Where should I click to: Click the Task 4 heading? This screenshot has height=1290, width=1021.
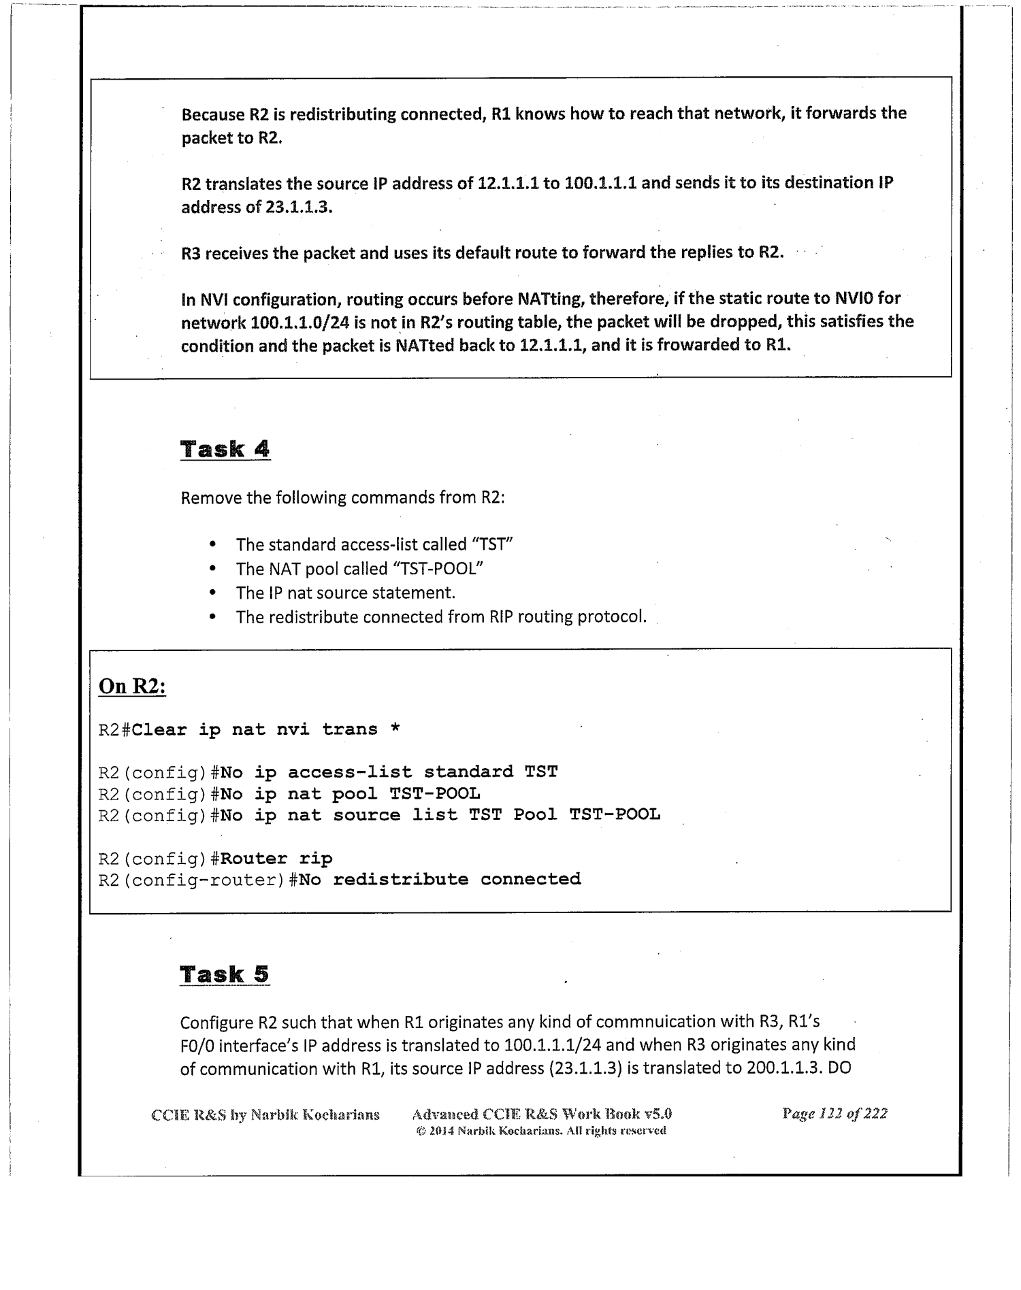pyautogui.click(x=225, y=449)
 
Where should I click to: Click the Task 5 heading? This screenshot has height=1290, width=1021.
pyautogui.click(x=225, y=974)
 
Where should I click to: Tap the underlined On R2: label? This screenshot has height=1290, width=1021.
pyautogui.click(x=133, y=687)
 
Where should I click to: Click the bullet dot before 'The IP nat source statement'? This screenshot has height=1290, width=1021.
pyautogui.click(x=213, y=593)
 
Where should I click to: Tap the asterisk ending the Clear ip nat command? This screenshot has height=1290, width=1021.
pyautogui.click(x=395, y=729)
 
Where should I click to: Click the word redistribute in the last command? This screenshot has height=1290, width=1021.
pyautogui.click(x=400, y=880)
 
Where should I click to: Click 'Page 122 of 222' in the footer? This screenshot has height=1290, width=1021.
pyautogui.click(x=834, y=1114)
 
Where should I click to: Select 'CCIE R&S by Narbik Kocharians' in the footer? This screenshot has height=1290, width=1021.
pyautogui.click(x=265, y=1114)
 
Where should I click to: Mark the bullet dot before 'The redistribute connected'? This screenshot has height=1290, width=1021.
pyautogui.click(x=213, y=618)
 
